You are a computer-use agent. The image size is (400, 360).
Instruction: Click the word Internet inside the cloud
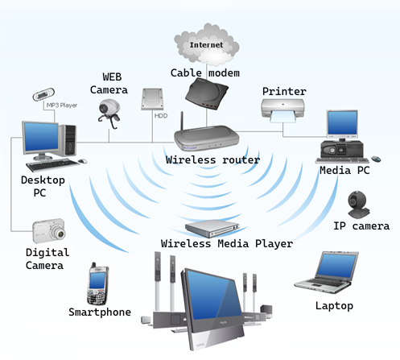(x=206, y=45)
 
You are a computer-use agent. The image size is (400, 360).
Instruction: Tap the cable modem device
(x=207, y=93)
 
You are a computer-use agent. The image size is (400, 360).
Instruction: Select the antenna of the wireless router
(x=182, y=121)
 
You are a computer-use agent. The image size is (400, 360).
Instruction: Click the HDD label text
(x=161, y=116)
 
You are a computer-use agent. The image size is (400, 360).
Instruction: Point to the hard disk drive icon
(x=152, y=99)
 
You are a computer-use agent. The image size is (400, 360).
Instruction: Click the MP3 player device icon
(x=43, y=94)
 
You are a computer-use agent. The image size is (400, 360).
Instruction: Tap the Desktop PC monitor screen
(x=41, y=136)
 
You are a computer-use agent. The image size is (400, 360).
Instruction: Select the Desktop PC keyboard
(x=52, y=164)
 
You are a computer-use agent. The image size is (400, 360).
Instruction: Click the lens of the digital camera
(x=60, y=233)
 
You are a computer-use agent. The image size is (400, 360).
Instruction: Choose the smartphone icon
(x=97, y=283)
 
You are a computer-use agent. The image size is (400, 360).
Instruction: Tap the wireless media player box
(x=212, y=228)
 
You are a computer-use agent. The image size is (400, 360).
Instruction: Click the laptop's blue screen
(x=336, y=266)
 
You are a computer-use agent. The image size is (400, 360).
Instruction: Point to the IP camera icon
(x=358, y=205)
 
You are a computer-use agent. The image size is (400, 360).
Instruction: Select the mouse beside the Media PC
(x=376, y=159)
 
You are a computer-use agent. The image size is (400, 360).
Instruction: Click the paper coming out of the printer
(x=283, y=117)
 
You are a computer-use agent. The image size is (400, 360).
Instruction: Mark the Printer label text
(x=284, y=92)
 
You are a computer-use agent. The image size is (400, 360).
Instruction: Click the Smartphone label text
(x=100, y=312)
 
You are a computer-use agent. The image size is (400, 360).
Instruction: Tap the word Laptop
(x=334, y=306)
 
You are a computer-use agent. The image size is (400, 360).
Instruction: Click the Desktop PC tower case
(x=68, y=140)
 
